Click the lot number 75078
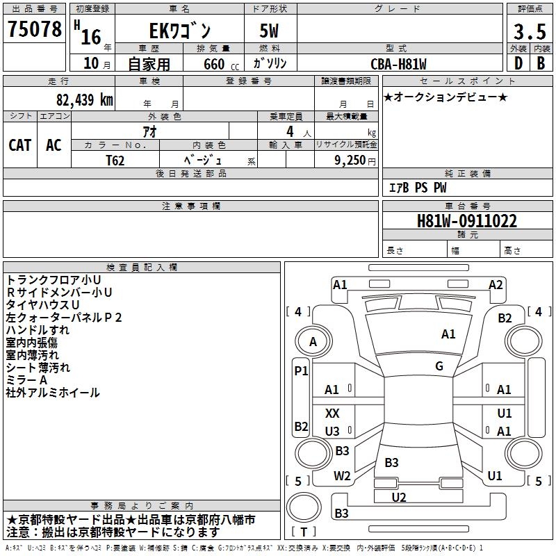pyautogui.click(x=35, y=29)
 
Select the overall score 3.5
pyautogui.click(x=528, y=31)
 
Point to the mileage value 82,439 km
pyautogui.click(x=81, y=100)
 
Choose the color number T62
pyautogui.click(x=115, y=160)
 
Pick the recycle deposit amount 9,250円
pyautogui.click(x=356, y=160)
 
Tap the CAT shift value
pyautogui.click(x=19, y=145)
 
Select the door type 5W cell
pyautogui.click(x=270, y=31)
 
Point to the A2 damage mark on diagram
pyautogui.click(x=496, y=284)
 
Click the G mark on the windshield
pyautogui.click(x=439, y=366)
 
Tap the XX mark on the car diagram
pyautogui.click(x=332, y=414)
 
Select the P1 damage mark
pyautogui.click(x=301, y=371)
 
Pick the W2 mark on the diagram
pyautogui.click(x=342, y=476)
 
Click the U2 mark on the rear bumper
pyautogui.click(x=399, y=497)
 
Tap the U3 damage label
pyautogui.click(x=332, y=432)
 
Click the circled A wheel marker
pyautogui.click(x=313, y=342)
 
